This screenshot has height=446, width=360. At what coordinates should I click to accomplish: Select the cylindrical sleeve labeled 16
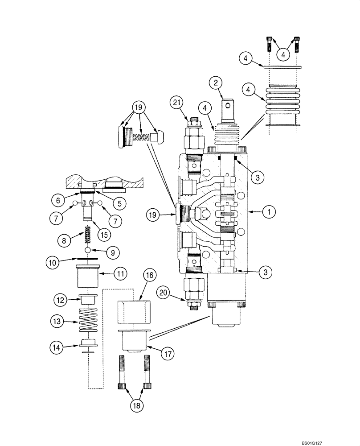pos(133,312)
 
